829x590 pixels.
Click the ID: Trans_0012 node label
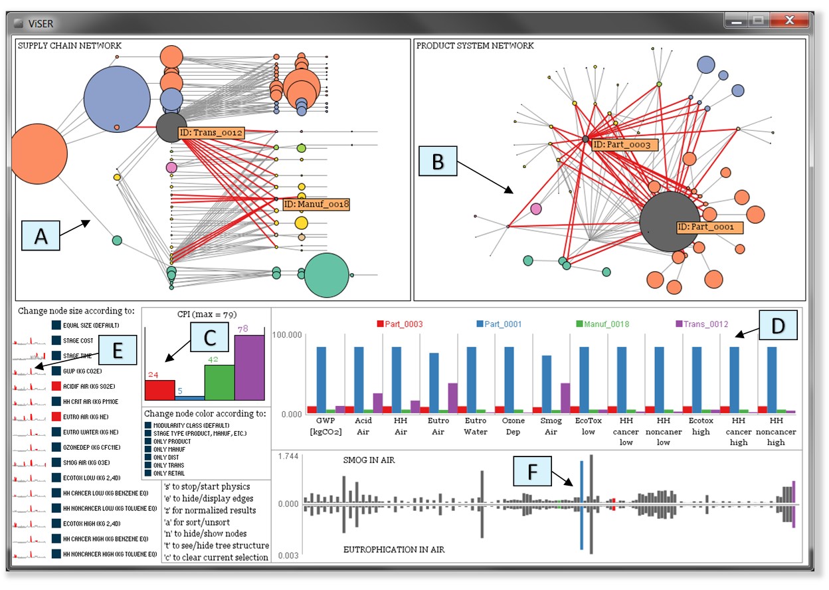pyautogui.click(x=211, y=132)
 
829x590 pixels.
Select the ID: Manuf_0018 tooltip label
pyautogui.click(x=316, y=204)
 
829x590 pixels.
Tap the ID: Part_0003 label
pyautogui.click(x=624, y=144)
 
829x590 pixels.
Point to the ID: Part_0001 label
pyautogui.click(x=709, y=227)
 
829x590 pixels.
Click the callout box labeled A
pyautogui.click(x=41, y=236)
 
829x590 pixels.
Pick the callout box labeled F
pyautogui.click(x=533, y=472)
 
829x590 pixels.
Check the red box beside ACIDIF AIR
pyautogui.click(x=56, y=385)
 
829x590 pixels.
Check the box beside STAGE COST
pyautogui.click(x=56, y=340)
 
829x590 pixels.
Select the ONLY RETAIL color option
pyautogui.click(x=147, y=473)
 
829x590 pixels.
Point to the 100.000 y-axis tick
pyautogui.click(x=288, y=336)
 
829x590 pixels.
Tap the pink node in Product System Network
pyautogui.click(x=536, y=209)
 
